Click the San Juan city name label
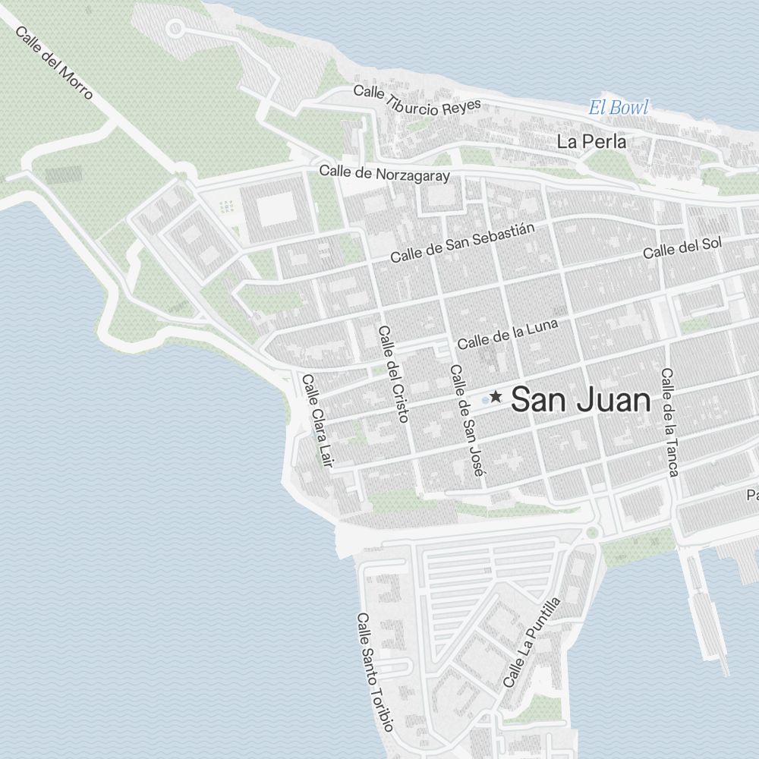tap(581, 400)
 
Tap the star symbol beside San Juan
tap(496, 396)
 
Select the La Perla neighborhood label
tap(591, 141)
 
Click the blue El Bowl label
tap(619, 108)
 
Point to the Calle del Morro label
tap(54, 64)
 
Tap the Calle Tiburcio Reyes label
tap(417, 101)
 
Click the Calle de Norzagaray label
tap(384, 173)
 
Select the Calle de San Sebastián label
tap(463, 243)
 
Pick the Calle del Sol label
tap(682, 247)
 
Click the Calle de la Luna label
tap(507, 333)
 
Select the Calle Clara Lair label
tap(317, 420)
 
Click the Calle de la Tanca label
tap(668, 422)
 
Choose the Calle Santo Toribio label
tap(375, 672)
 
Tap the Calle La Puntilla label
tap(532, 642)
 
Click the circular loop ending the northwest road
tap(175, 30)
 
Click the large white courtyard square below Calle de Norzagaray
tap(275, 209)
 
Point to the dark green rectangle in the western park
tap(63, 175)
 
